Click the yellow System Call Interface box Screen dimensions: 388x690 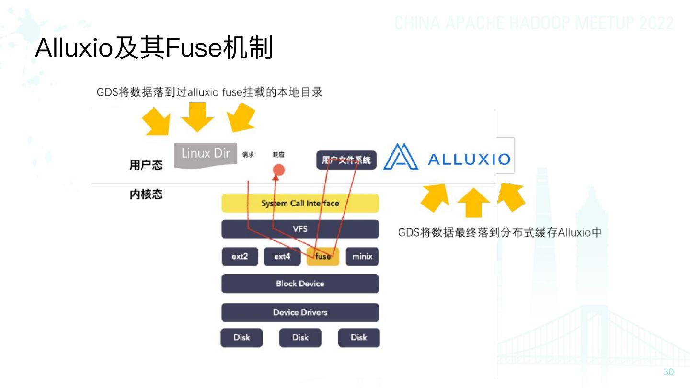300,203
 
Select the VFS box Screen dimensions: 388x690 300,229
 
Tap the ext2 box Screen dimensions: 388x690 240,257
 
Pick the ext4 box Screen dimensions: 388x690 282,257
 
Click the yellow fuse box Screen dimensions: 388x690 323,257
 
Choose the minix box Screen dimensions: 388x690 362,257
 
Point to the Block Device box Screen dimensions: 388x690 300,284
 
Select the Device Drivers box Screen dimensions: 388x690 300,312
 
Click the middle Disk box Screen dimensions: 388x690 300,338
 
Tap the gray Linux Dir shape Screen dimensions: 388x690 206,154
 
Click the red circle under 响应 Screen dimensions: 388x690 279,170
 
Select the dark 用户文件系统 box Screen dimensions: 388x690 346,160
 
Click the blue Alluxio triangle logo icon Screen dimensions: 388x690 401,157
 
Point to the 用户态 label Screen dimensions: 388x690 146,165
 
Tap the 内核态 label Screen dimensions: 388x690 146,194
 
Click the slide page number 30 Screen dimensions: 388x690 668,372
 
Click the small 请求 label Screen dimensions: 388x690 248,155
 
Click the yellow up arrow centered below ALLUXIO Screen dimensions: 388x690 473,202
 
